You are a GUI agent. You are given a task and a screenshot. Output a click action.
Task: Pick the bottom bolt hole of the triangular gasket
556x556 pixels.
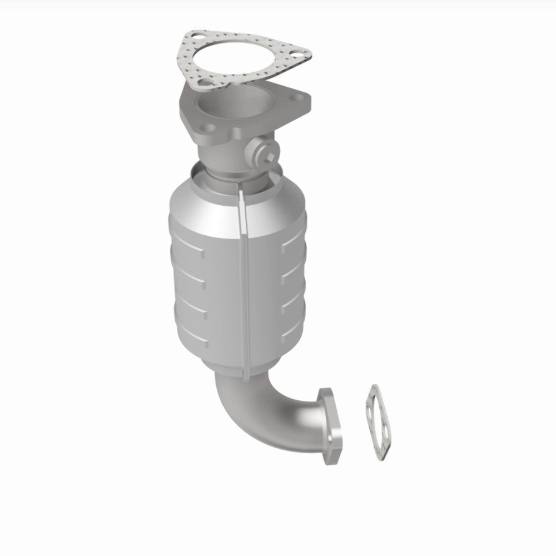206,85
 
